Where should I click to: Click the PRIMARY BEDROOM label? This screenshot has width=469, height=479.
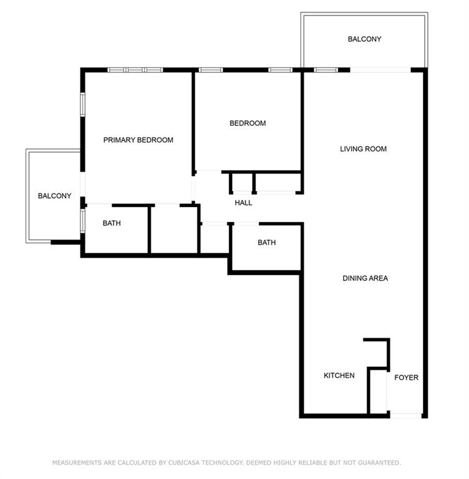[x=138, y=140]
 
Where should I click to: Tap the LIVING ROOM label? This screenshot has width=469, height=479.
[x=363, y=149]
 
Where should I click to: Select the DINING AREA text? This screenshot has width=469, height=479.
[x=365, y=278]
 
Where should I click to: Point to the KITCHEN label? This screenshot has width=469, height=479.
[x=339, y=375]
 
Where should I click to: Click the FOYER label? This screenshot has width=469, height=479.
[x=406, y=378]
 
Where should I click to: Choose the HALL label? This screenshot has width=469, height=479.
[x=243, y=203]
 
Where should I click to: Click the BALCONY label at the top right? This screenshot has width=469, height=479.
[x=364, y=39]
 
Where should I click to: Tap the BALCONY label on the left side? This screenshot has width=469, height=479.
[x=54, y=196]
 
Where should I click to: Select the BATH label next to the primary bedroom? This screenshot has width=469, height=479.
[x=112, y=223]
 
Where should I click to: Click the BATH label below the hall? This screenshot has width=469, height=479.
[x=266, y=243]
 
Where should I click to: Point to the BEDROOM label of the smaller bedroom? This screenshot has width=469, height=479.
[x=248, y=123]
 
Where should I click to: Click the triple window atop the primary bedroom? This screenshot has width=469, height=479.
[x=135, y=70]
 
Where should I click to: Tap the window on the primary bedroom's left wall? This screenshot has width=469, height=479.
[x=82, y=104]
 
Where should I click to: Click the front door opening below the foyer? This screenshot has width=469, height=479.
[x=405, y=415]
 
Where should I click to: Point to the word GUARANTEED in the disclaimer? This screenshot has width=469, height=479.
[x=377, y=463]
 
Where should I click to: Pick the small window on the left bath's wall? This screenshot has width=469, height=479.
[x=82, y=220]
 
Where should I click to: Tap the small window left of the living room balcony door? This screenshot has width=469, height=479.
[x=325, y=70]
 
